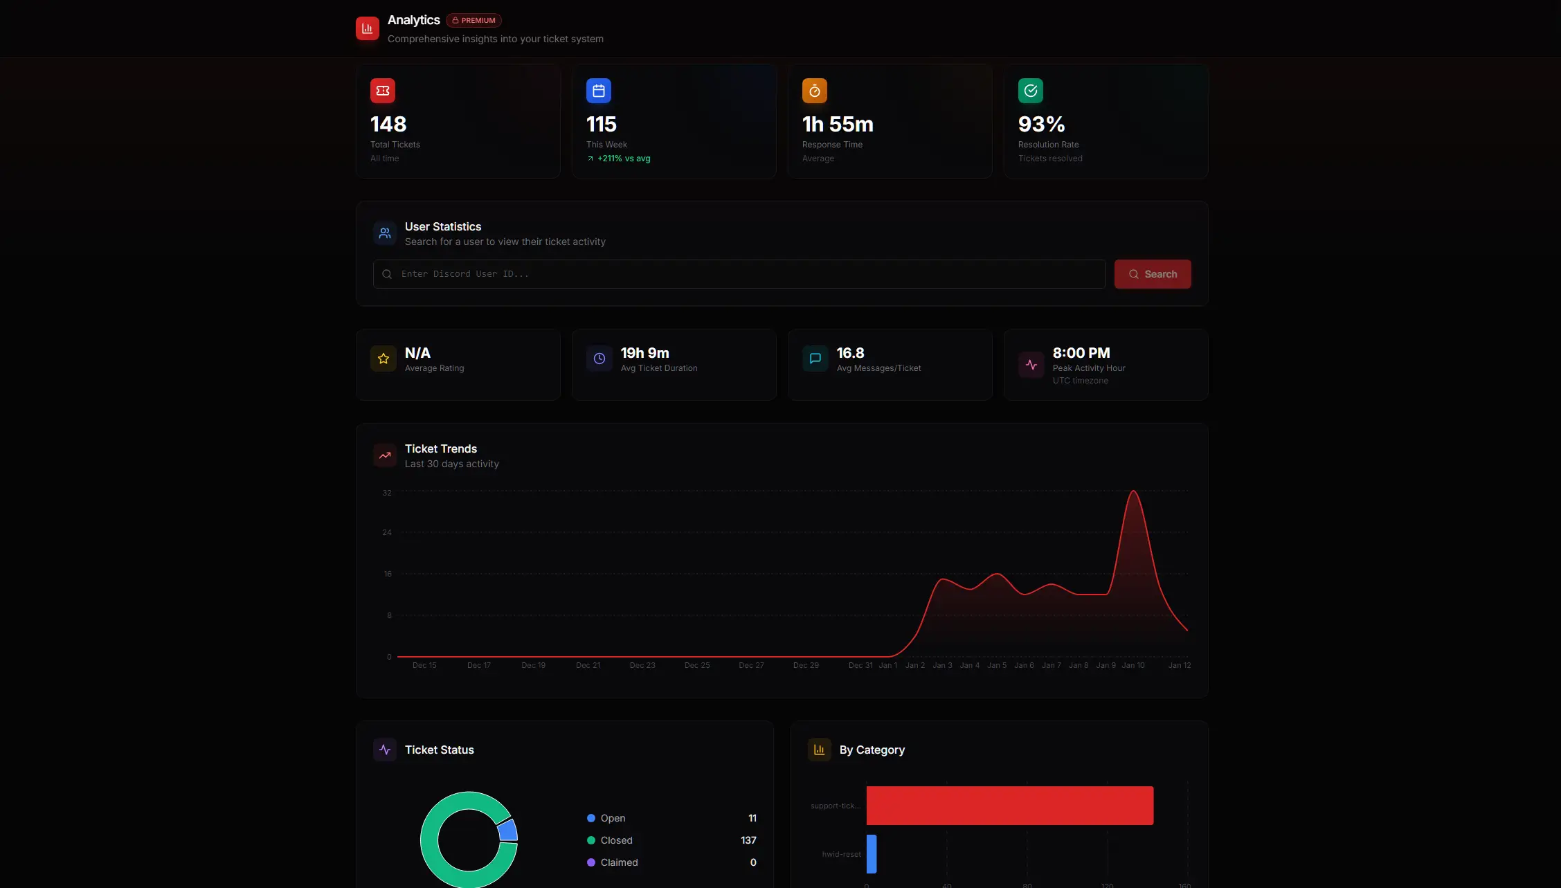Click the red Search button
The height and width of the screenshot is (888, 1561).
pos(1152,274)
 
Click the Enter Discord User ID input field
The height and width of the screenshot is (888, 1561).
pos(739,274)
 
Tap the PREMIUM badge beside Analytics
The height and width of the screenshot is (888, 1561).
pos(473,21)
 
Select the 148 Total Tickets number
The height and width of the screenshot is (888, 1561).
pos(388,125)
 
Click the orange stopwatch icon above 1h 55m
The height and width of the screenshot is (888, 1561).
pos(814,91)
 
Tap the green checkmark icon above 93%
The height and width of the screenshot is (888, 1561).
pos(1030,91)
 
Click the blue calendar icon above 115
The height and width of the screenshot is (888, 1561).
pos(598,91)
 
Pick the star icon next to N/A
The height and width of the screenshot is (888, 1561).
pos(384,359)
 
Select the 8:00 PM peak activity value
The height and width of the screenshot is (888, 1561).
pos(1081,353)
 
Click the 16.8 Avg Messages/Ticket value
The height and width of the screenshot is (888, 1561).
pos(850,353)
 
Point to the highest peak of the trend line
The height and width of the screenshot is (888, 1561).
pos(1133,491)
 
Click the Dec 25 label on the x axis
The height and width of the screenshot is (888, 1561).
pos(697,665)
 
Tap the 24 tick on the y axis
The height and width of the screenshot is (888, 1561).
pos(387,532)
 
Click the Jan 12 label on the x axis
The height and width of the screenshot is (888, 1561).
pos(1180,665)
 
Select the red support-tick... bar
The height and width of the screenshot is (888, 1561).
pos(1009,806)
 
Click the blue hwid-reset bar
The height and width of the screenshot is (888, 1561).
pos(872,854)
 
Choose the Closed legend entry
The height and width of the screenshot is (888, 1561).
pos(616,840)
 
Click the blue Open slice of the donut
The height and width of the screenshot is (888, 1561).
pos(508,830)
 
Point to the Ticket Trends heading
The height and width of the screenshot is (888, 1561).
pos(441,448)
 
